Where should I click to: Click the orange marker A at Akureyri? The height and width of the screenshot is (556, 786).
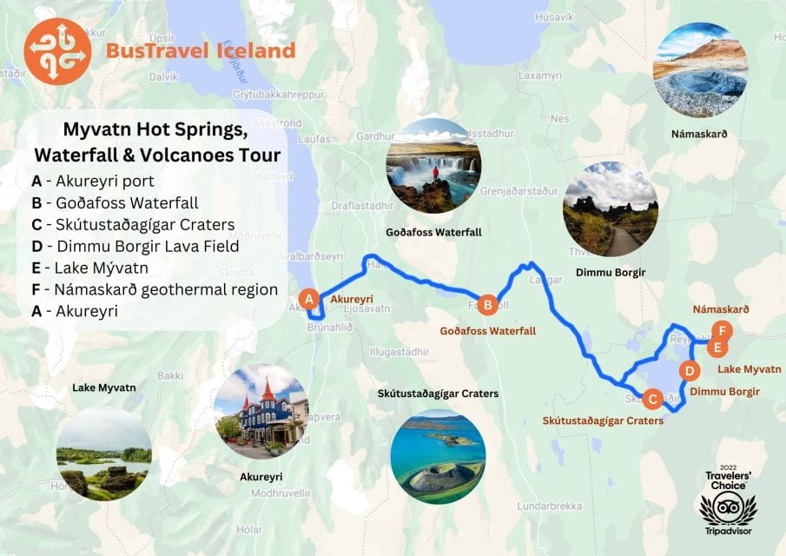[307, 299]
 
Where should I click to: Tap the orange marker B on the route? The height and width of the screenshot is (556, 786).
[488, 304]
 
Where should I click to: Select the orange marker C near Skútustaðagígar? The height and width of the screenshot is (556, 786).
[652, 399]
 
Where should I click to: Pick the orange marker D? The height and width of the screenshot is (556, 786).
[689, 371]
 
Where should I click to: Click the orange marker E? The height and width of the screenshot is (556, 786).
[716, 347]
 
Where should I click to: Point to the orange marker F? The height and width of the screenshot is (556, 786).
[721, 330]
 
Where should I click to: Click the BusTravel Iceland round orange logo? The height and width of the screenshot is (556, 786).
[58, 50]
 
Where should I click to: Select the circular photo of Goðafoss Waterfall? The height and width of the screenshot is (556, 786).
[433, 166]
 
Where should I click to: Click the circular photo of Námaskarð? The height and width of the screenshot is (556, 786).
[700, 70]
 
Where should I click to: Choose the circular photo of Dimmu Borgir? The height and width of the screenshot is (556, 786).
[610, 209]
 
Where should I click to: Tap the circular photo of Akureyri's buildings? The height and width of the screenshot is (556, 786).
[261, 412]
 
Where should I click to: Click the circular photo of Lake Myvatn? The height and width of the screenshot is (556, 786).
[104, 454]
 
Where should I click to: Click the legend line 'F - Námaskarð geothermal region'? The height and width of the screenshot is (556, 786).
[154, 289]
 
